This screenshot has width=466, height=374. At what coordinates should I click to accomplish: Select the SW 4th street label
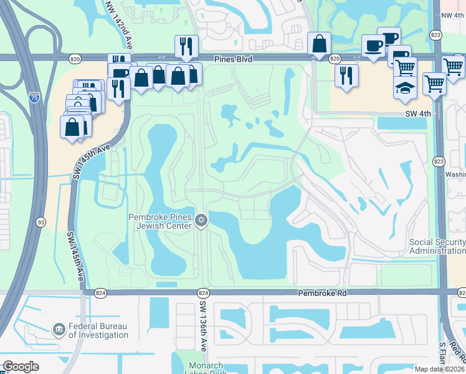point(416,113)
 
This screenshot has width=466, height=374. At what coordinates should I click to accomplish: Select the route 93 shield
point(40,222)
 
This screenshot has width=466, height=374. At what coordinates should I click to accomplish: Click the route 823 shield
point(438,161)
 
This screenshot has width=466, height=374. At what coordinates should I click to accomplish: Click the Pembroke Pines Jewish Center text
point(160,221)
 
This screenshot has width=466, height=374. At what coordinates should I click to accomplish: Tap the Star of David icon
point(201,221)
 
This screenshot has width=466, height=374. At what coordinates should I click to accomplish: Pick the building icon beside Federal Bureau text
point(59,329)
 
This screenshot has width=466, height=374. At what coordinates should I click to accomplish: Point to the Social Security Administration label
point(437,246)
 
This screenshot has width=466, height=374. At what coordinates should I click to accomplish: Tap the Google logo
point(21,367)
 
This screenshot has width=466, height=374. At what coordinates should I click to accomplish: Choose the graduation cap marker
point(405,87)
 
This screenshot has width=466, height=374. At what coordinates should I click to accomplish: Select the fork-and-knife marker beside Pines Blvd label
point(186,47)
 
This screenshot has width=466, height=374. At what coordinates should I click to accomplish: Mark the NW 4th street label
point(452,15)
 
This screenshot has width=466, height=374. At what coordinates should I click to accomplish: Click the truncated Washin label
point(456,175)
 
